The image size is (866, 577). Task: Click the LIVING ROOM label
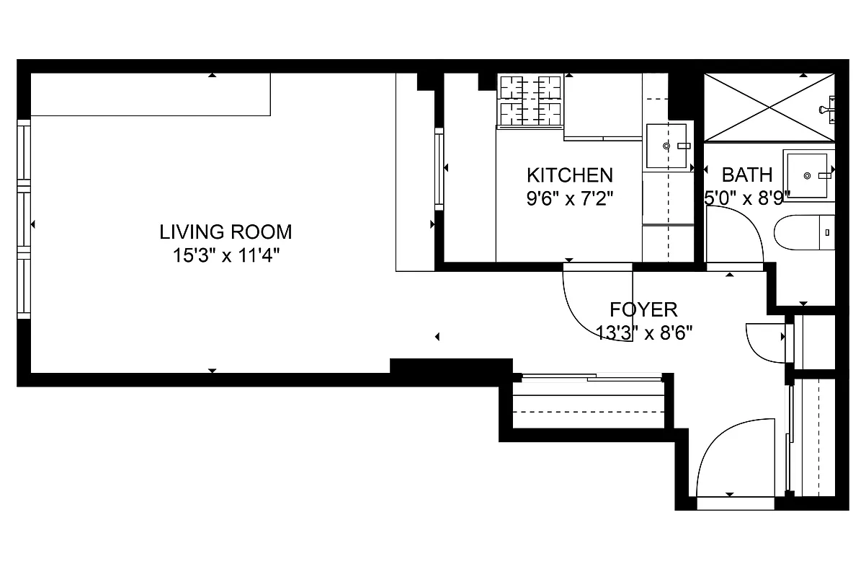point(226,232)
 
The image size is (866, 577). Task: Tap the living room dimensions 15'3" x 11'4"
point(226,255)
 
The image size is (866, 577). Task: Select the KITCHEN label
point(569,175)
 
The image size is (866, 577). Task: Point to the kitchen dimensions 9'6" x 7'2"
point(569,198)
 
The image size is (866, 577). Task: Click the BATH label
point(746,175)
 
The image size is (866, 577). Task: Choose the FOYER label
point(643,309)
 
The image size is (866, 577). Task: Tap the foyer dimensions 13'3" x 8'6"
point(643,332)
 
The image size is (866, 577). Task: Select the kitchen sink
point(666,146)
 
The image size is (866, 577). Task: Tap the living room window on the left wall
point(24,219)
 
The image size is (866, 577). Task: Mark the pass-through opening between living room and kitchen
point(439,169)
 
